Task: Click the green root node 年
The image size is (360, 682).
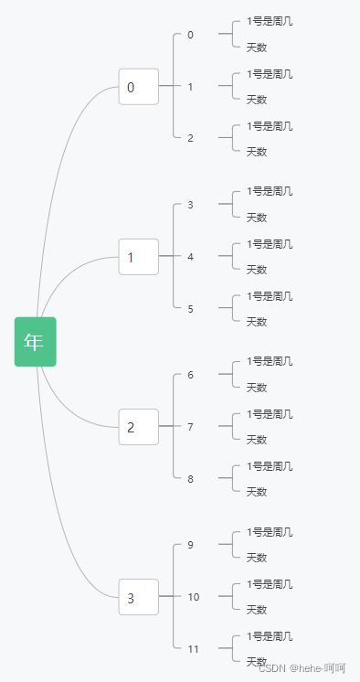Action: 35,341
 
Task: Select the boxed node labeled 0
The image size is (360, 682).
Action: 138,87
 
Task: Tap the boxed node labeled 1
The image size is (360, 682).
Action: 138,257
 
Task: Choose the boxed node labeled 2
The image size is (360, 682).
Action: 138,427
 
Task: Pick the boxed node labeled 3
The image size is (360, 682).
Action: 138,597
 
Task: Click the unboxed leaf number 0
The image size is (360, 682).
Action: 190,35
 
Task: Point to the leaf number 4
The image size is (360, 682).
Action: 190,257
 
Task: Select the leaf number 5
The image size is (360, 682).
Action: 190,309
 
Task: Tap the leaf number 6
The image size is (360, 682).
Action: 190,375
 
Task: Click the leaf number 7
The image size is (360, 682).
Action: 190,427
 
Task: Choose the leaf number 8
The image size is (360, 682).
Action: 190,479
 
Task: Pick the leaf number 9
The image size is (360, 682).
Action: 190,545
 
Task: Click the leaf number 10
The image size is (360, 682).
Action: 193,597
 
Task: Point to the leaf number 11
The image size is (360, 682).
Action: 193,649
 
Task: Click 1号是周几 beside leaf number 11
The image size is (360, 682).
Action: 270,636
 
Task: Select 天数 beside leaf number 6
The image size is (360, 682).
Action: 257,388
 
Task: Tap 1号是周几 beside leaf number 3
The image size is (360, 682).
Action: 270,192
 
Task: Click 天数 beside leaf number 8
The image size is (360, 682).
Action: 257,492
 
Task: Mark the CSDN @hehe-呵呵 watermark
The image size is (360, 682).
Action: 302,668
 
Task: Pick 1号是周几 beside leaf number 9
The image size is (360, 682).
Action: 270,532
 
